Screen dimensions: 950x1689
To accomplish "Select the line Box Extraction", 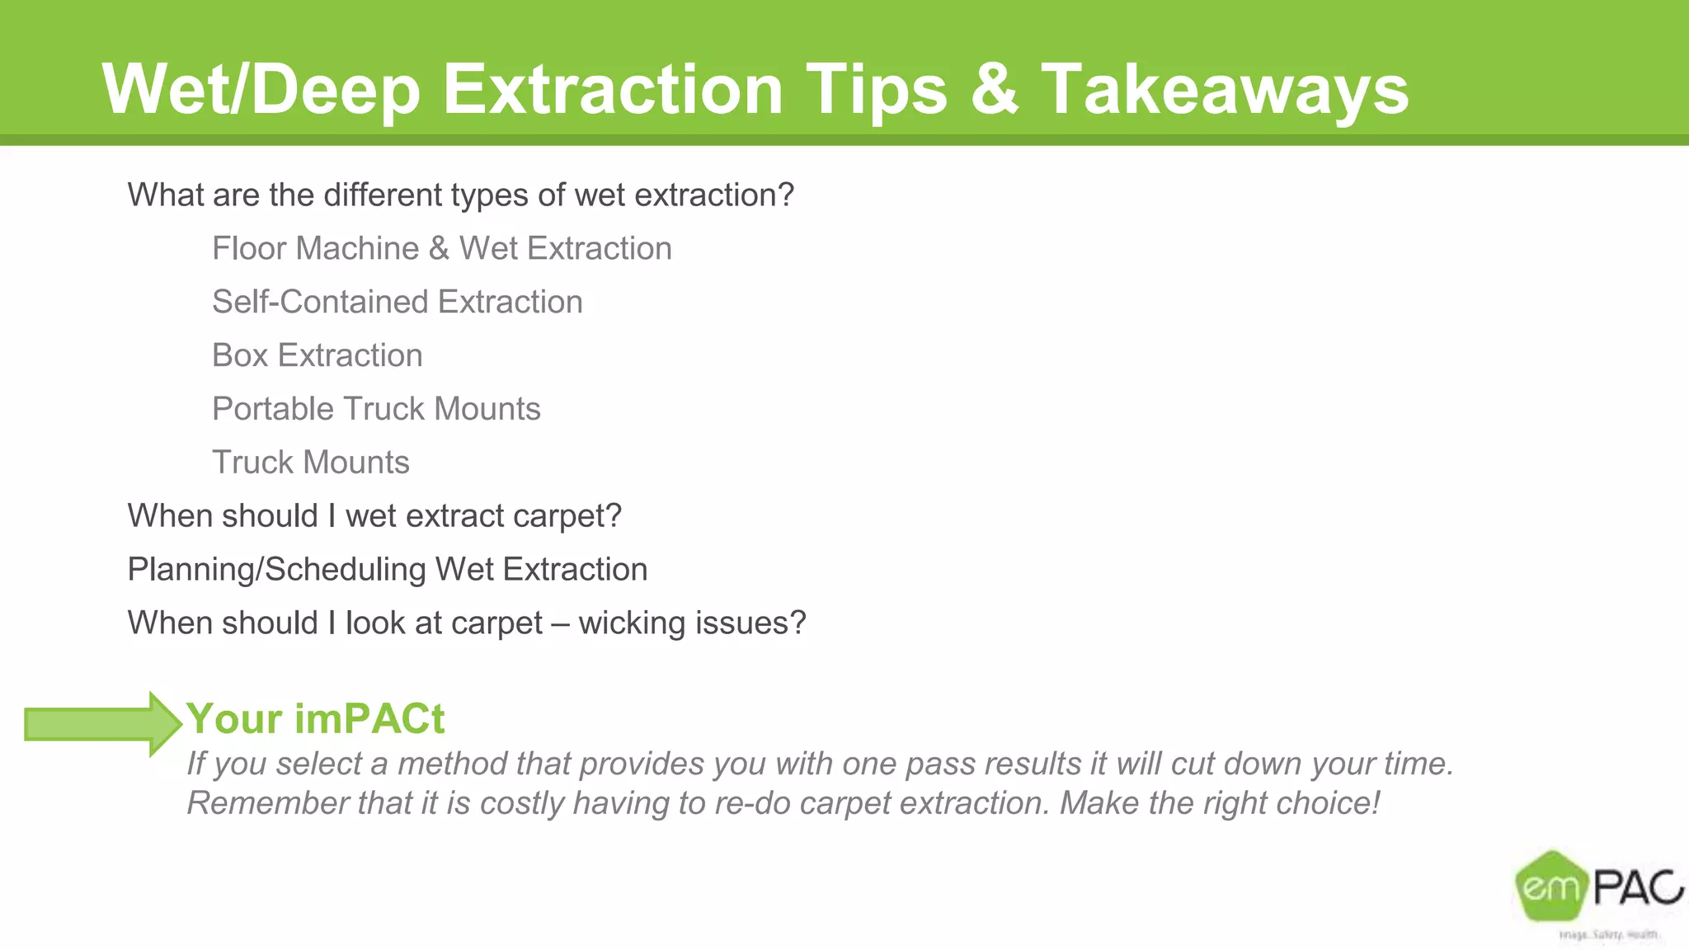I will tap(317, 355).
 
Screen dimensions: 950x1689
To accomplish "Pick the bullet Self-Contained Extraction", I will tap(397, 302).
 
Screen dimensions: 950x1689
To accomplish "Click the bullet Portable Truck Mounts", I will tap(376, 409).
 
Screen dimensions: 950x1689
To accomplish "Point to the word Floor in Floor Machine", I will tap(246, 248).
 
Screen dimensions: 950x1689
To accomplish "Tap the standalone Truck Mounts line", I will tap(310, 463).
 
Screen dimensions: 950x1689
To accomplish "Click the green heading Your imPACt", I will tap(315, 718).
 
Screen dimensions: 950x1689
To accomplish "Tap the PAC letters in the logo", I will tap(1636, 888).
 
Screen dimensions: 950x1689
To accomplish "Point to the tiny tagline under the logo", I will tap(1608, 934).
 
